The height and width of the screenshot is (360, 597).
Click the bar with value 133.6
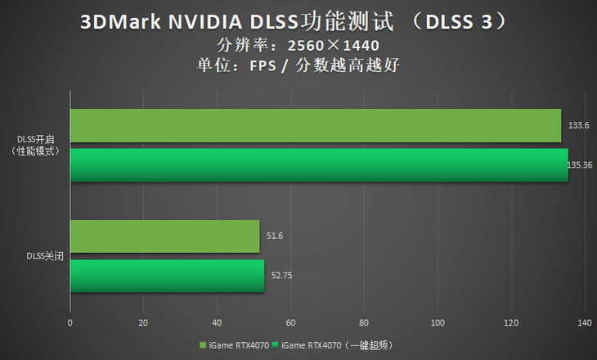pyautogui.click(x=316, y=126)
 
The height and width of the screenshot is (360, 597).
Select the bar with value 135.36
pyautogui.click(x=319, y=164)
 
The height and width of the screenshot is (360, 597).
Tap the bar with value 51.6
pyautogui.click(x=165, y=236)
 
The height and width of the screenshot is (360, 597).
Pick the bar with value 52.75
pyautogui.click(x=167, y=276)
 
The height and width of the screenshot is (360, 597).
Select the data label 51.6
pyautogui.click(x=274, y=236)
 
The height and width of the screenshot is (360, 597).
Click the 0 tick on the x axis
pyautogui.click(x=70, y=322)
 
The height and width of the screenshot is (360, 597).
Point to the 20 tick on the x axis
pyautogui.click(x=143, y=322)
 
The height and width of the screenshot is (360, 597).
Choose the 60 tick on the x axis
pyautogui.click(x=290, y=322)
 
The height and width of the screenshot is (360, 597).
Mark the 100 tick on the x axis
pyautogui.click(x=438, y=322)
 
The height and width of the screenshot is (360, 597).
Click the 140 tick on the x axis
pyautogui.click(x=584, y=322)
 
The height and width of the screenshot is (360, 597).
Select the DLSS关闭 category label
pyautogui.click(x=46, y=255)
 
